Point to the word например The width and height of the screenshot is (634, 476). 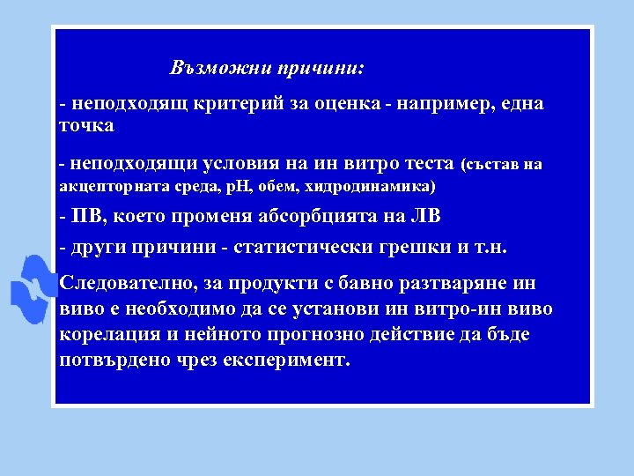[x=440, y=104]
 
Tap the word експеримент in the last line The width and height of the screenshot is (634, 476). [x=284, y=361]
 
